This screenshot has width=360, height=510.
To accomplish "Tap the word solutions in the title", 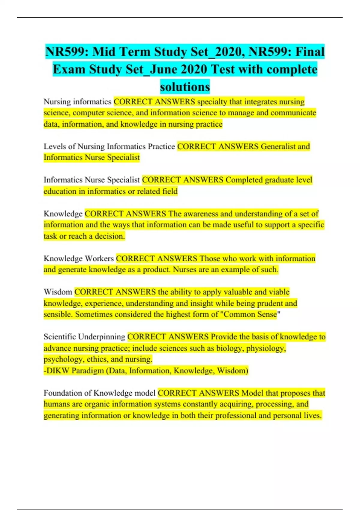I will click(x=185, y=87).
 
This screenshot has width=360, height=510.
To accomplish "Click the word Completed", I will click(x=244, y=180).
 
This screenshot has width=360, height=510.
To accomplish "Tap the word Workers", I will click(x=99, y=258).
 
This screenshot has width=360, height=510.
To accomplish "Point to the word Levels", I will click(x=55, y=146).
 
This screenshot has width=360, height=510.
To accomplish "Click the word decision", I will click(x=110, y=236).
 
